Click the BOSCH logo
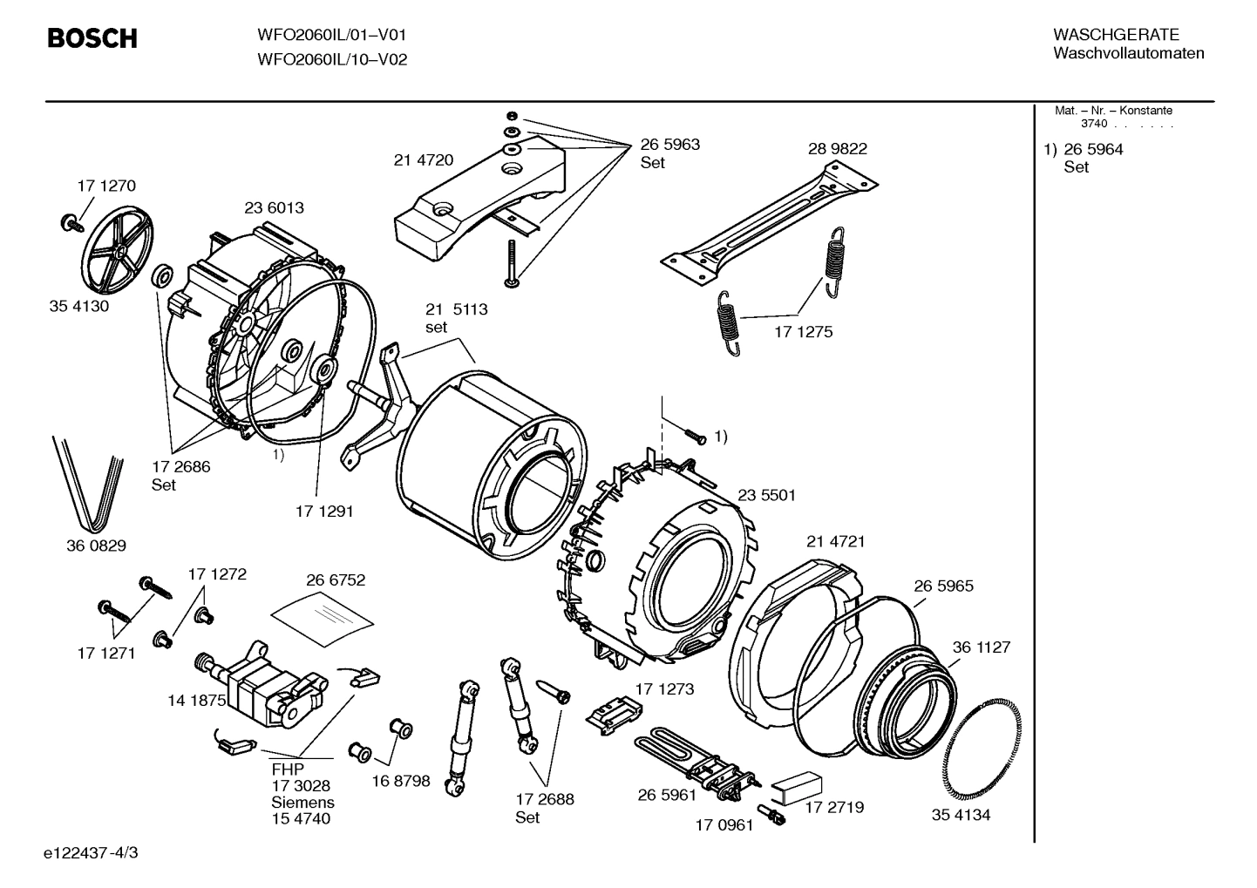coord(92,38)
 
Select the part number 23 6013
coord(274,207)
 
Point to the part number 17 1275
coord(803,332)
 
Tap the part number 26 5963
coord(669,145)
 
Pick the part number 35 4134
coord(961,815)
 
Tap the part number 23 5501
coord(766,495)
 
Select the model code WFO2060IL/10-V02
coord(331,60)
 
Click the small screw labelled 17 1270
coord(70,222)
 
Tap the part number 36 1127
coord(981,647)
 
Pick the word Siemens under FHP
coord(302,802)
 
